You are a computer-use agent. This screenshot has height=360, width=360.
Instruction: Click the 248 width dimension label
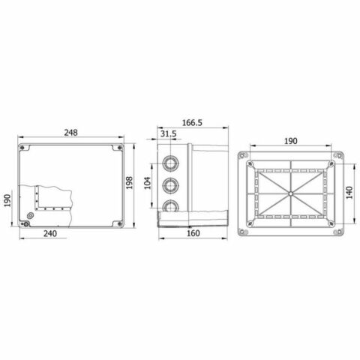tap(71, 133)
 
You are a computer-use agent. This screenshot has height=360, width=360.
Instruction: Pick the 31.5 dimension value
tap(169, 133)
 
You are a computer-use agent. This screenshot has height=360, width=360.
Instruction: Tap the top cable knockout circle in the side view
tap(172, 162)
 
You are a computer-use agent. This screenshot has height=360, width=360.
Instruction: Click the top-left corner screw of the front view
tap(24, 148)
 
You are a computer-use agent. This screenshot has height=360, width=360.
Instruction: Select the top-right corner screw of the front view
tap(119, 148)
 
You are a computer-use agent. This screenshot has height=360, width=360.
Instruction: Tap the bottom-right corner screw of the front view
tap(119, 222)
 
